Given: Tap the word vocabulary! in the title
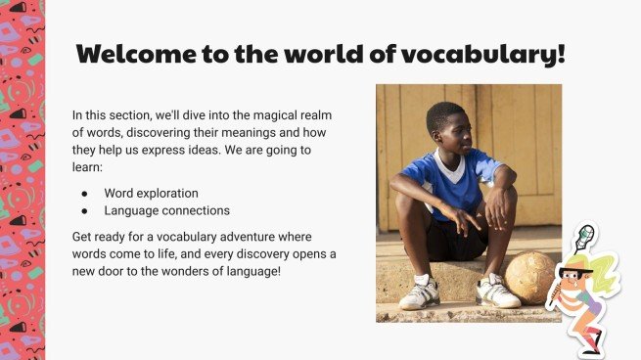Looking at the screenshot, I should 490,54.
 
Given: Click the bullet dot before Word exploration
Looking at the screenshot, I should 86,193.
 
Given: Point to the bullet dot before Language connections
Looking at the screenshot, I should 86,210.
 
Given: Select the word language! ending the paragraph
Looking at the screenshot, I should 250,271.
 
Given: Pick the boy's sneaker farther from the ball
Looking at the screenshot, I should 419,293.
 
